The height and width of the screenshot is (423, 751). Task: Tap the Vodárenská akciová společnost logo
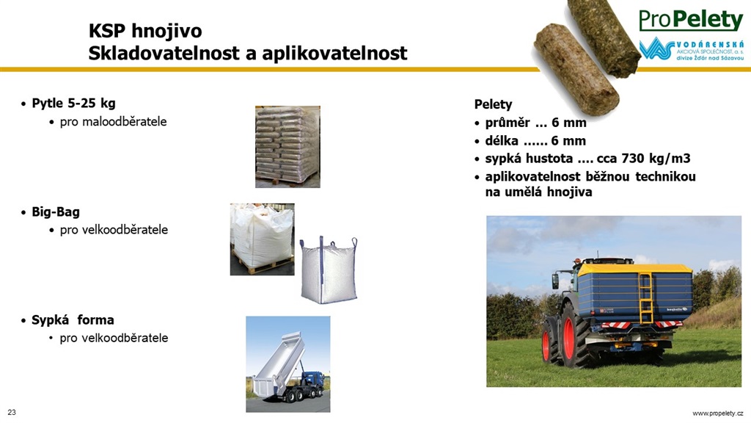click(x=692, y=48)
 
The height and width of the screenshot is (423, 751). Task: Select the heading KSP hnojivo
click(x=145, y=31)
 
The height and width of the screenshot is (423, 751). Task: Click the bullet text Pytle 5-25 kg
click(x=73, y=103)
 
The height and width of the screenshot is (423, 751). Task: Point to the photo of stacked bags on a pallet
click(x=287, y=147)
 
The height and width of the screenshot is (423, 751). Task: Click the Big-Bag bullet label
click(x=56, y=211)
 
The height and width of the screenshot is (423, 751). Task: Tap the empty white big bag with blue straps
click(x=329, y=270)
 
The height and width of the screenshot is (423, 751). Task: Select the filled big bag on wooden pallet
click(x=262, y=239)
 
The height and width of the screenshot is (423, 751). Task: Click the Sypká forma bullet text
click(x=73, y=320)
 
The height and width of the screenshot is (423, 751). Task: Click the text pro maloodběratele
click(x=114, y=122)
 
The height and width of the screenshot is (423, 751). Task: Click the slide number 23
click(x=12, y=413)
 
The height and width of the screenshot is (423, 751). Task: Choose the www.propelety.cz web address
click(x=717, y=413)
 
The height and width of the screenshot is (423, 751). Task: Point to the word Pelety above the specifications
click(x=493, y=104)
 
